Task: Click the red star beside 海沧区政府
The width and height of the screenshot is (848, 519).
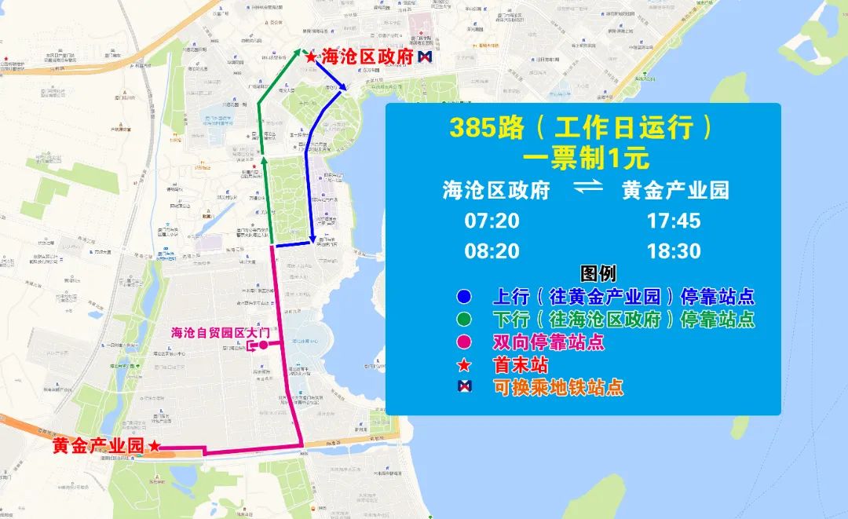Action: point(311,57)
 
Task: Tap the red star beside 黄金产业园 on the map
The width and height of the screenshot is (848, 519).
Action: point(155,446)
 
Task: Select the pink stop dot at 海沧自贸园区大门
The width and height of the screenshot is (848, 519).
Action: point(264,345)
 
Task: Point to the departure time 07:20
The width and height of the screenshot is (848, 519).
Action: point(492,221)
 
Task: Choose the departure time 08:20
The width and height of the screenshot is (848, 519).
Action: point(492,251)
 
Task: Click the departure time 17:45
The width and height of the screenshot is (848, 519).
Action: point(673,221)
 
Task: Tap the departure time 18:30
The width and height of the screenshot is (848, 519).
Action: point(673,251)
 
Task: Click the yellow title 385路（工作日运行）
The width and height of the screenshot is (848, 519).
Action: point(582,128)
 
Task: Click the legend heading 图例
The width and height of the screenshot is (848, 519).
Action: point(598,274)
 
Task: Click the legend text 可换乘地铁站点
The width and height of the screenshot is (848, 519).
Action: point(558,387)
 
